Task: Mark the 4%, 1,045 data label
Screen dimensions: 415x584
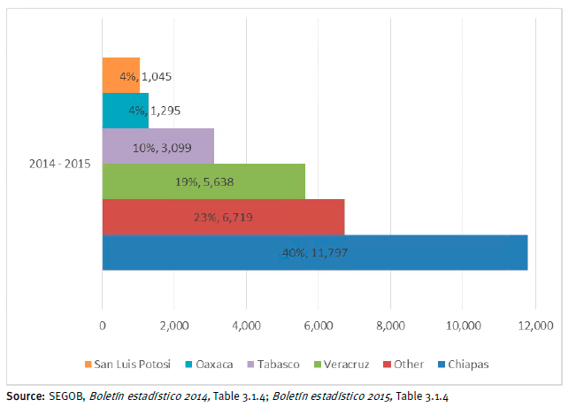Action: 145,76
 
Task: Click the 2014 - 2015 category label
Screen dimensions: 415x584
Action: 61,164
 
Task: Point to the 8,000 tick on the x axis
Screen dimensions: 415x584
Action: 391,326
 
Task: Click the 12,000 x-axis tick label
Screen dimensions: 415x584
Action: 534,326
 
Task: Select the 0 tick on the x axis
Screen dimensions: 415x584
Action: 103,326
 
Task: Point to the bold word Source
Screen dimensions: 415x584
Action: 24,396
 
